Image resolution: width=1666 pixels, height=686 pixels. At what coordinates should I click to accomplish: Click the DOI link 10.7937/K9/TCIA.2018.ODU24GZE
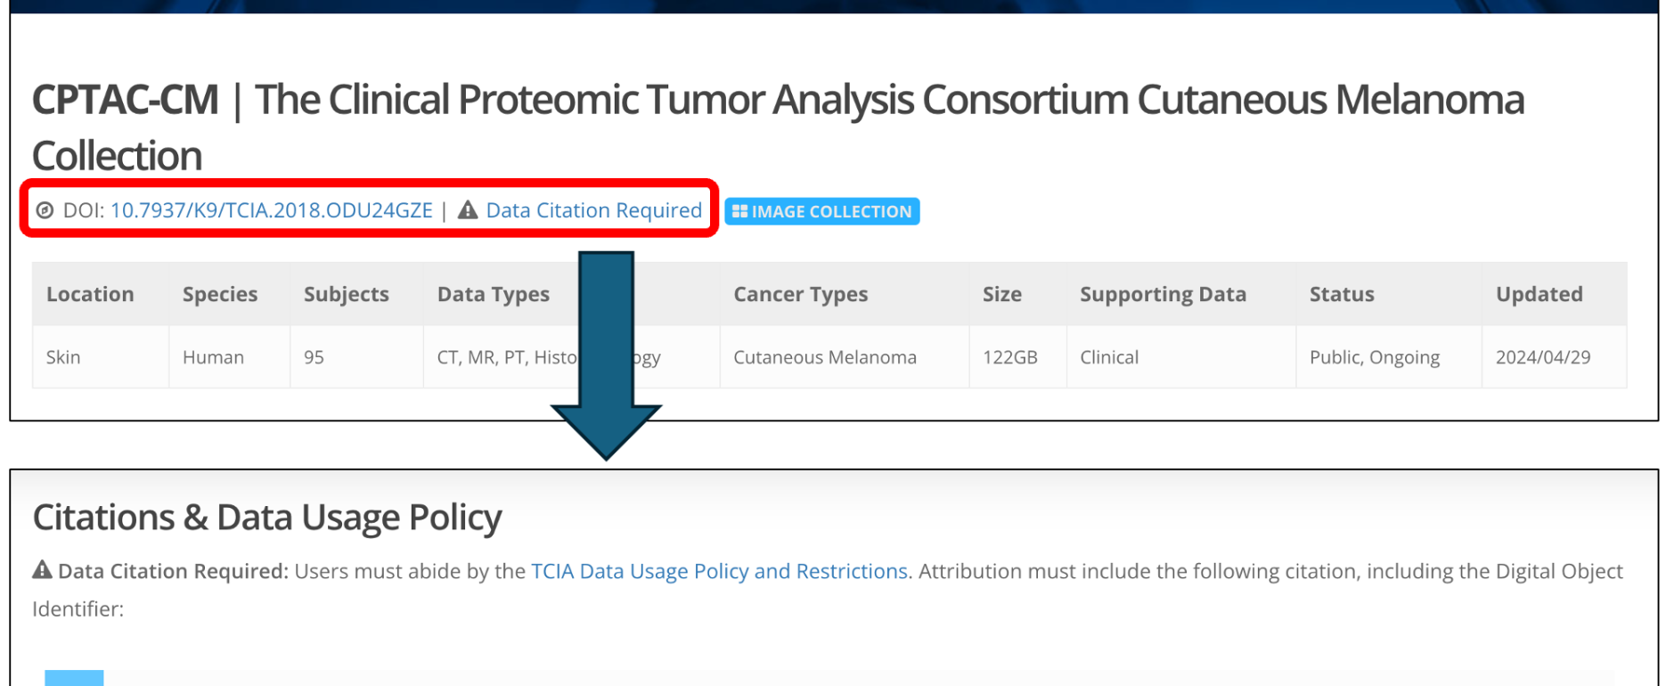[x=271, y=210]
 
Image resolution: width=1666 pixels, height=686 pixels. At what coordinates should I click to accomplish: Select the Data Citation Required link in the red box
[x=593, y=210]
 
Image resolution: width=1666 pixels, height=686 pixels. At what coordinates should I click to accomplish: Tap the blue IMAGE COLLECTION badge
[x=821, y=211]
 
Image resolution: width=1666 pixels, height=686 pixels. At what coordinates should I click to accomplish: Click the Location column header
[x=90, y=294]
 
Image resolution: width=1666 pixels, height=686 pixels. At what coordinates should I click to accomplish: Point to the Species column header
[x=220, y=295]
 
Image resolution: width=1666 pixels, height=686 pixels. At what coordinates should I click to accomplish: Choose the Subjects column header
[x=346, y=295]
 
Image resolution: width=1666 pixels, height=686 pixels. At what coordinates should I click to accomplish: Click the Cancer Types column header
[x=800, y=295]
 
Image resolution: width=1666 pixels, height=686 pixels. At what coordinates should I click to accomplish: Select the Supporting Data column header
[x=1163, y=295]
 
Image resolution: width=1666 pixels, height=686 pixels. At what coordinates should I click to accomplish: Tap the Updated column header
[x=1539, y=294]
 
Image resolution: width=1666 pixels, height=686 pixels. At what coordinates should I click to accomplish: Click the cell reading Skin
[x=63, y=357]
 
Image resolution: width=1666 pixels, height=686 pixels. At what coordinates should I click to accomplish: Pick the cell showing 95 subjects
[x=314, y=357]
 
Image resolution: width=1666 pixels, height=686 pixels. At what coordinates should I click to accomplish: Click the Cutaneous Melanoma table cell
[x=825, y=357]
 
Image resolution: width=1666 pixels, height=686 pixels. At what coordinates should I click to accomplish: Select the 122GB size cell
[x=1010, y=357]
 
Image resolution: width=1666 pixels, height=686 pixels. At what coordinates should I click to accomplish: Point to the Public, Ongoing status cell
[x=1374, y=357]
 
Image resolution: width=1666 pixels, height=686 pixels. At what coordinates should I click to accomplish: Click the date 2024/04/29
[x=1542, y=357]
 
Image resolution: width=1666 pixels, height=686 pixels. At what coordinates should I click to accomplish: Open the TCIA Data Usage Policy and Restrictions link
[x=719, y=571]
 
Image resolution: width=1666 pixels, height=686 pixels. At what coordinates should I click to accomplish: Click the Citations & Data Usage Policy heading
[x=267, y=518]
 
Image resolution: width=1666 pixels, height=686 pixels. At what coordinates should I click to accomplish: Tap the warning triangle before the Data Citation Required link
[x=468, y=210]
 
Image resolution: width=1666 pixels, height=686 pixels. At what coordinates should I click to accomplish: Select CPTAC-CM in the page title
[x=126, y=100]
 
